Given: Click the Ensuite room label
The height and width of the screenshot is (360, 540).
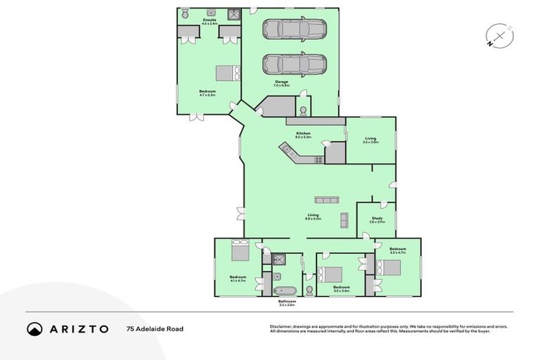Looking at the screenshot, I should click(x=209, y=22).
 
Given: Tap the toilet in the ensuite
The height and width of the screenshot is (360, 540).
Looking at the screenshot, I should click(x=185, y=14).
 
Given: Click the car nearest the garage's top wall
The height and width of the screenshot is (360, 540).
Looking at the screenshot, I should click(x=295, y=30).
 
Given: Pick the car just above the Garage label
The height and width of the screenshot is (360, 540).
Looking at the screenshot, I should click(x=295, y=64).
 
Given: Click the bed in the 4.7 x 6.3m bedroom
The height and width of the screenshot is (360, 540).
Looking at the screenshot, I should click(x=227, y=73).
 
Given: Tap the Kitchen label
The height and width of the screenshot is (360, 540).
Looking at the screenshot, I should click(x=303, y=134).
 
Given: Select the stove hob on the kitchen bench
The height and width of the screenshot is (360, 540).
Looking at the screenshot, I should click(x=318, y=160).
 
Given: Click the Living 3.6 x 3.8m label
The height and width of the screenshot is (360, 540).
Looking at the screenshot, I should click(x=371, y=140).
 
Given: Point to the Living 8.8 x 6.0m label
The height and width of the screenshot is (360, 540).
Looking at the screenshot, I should click(x=313, y=217).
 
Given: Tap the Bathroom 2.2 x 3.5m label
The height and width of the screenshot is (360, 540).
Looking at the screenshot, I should click(x=287, y=303).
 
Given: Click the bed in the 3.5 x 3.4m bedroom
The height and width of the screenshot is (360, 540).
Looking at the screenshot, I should click(x=333, y=274).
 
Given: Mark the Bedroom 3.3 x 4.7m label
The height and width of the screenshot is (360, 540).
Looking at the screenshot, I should click(x=398, y=250).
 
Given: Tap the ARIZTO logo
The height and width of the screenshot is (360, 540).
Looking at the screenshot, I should click(x=67, y=328).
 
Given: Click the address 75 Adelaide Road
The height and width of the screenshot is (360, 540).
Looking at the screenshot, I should click(x=155, y=328).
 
